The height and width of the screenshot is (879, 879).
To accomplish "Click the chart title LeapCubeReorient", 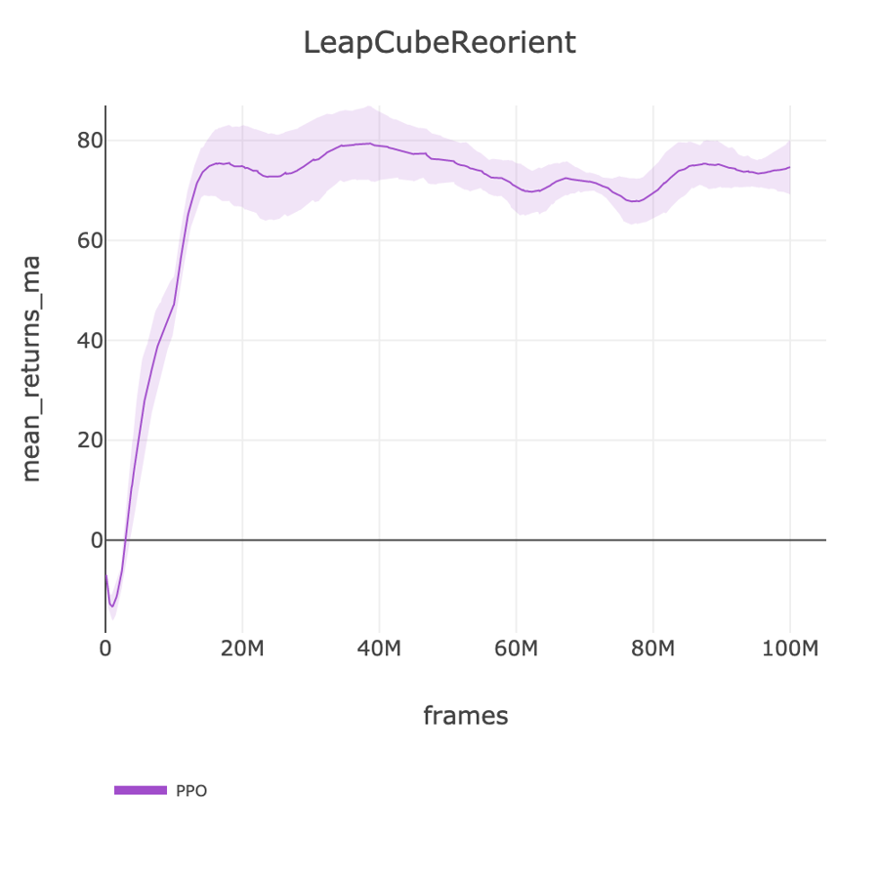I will click(439, 44).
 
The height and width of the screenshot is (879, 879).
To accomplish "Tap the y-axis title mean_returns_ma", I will click(31, 368).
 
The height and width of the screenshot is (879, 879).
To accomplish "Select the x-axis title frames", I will click(465, 716).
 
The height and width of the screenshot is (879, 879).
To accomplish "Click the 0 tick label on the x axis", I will click(105, 649).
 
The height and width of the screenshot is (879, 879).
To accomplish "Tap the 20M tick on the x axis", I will click(242, 649).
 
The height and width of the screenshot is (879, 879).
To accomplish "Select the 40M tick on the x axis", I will click(379, 649).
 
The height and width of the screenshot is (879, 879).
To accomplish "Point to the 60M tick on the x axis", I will click(516, 649).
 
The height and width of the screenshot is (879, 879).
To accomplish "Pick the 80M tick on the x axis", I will click(652, 649).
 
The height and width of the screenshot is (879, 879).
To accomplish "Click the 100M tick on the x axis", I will click(789, 649).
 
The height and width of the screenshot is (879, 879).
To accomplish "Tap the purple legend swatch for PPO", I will click(141, 790).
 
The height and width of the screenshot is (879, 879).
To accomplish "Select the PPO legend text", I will click(191, 791).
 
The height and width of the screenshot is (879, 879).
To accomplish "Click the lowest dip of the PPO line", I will click(112, 607).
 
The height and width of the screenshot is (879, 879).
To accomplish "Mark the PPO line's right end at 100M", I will click(789, 167).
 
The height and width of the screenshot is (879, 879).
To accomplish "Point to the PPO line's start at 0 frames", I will click(105, 574).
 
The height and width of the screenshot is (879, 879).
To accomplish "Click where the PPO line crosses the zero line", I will click(125, 539).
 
